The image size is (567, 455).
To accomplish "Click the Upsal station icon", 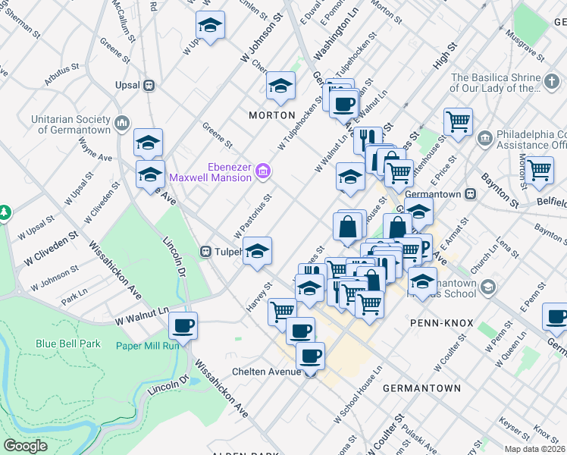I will pos(150,86).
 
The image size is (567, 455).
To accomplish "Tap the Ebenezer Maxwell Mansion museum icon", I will pos(263,171).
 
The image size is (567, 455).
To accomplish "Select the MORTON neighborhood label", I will pos(272,115).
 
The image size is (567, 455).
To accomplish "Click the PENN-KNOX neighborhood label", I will pos(441,323).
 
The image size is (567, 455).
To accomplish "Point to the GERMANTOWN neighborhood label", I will pos(421,388).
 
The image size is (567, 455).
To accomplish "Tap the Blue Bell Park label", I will pos(68,344).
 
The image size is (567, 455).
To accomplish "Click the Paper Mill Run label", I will pos(147,346).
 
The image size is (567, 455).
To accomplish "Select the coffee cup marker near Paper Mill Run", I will pos(183,326).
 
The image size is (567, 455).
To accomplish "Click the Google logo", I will pos(25,445).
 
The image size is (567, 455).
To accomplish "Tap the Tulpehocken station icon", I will pos(205,252).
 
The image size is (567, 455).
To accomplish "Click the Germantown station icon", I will pos(470,194).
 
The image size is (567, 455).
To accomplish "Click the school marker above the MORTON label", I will pos(280,86).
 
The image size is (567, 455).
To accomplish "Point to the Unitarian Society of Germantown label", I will pos(70,125).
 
